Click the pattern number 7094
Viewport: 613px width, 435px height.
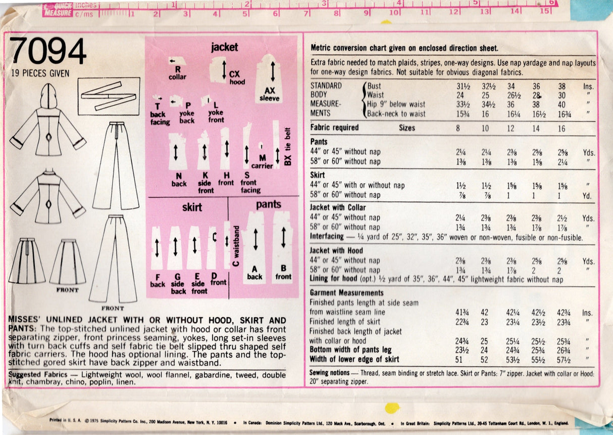click(48, 51)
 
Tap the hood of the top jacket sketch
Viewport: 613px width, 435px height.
click(48, 97)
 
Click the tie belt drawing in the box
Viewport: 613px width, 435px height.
click(109, 96)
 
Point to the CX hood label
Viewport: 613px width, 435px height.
click(237, 78)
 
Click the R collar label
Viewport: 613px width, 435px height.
click(177, 73)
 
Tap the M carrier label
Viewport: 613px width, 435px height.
click(262, 162)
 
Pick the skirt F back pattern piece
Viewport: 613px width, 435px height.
click(157, 247)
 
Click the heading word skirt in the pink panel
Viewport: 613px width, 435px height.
click(192, 207)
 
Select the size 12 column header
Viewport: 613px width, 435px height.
click(510, 128)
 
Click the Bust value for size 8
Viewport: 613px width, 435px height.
click(463, 86)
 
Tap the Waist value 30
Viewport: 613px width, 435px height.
click(561, 96)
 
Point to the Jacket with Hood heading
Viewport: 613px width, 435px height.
click(336, 250)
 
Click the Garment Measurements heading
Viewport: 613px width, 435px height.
click(346, 293)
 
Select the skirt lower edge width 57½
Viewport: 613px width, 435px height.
click(564, 360)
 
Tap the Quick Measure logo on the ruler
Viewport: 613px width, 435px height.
click(58, 10)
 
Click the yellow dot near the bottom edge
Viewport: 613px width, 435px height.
click(392, 408)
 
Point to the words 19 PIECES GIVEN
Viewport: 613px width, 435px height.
click(40, 73)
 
